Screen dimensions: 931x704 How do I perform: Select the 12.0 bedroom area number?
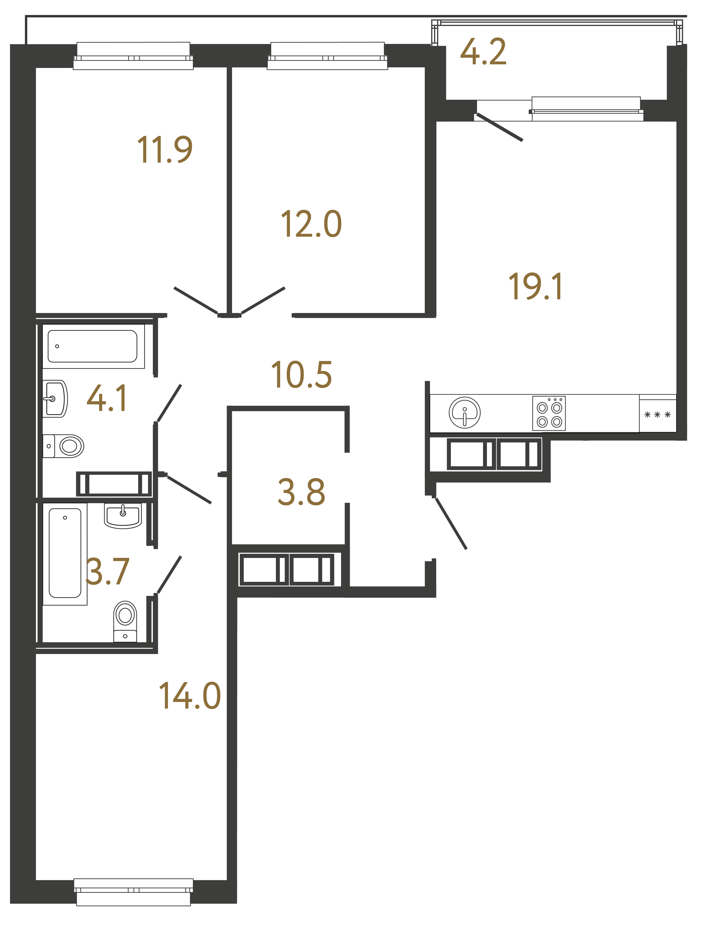[311, 224]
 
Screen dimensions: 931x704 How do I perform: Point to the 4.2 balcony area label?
[483, 52]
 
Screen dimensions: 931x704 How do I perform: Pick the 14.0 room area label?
[190, 697]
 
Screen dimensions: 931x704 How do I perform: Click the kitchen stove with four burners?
[549, 413]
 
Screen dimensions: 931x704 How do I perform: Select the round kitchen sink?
[465, 412]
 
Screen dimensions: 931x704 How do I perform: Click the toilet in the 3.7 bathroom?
[125, 621]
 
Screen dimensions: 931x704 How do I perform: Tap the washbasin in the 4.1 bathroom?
[55, 399]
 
